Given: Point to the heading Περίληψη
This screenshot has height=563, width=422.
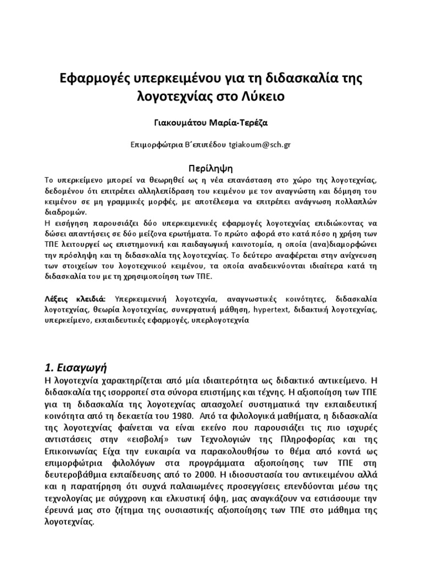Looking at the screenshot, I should pos(211,167).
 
